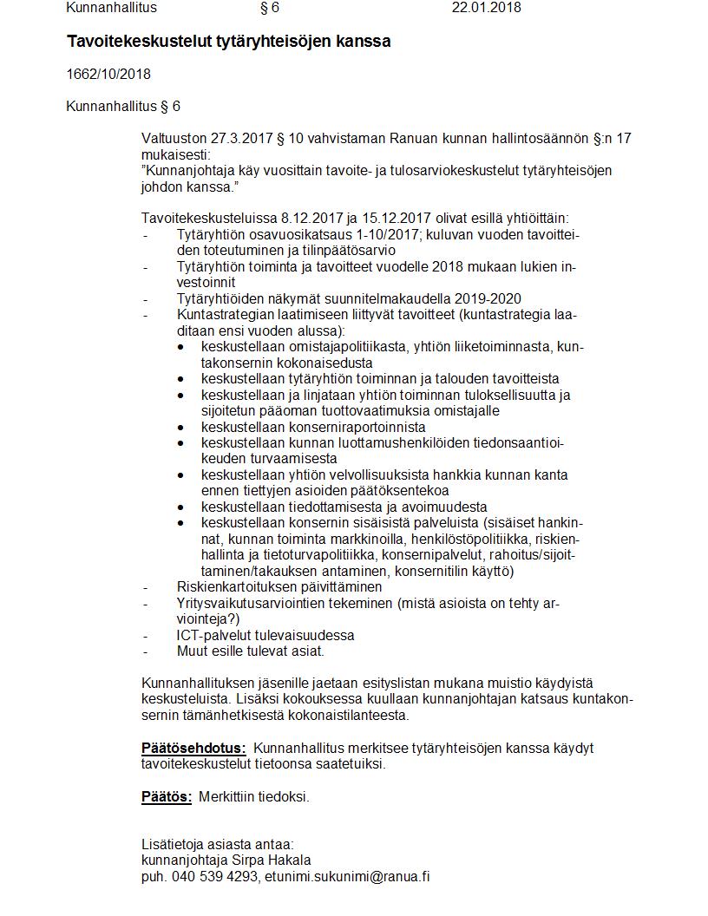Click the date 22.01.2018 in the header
point(486,8)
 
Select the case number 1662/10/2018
point(108,75)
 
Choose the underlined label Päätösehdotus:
point(193,749)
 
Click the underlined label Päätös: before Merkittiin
point(167,797)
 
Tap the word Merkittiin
point(228,797)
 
